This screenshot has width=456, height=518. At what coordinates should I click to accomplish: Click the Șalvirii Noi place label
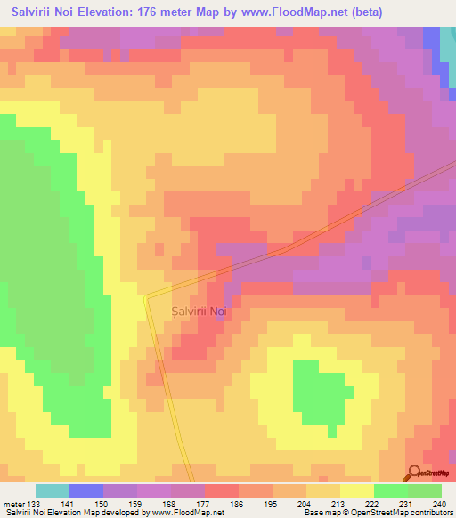pyautogui.click(x=200, y=311)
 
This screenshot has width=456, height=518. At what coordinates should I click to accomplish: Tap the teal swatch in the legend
pyautogui.click(x=52, y=490)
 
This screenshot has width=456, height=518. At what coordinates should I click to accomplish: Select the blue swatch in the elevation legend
pyautogui.click(x=85, y=490)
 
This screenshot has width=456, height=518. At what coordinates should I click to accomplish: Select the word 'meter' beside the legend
pyautogui.click(x=13, y=503)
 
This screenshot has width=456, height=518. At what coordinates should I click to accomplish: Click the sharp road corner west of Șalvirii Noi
pyautogui.click(x=145, y=296)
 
